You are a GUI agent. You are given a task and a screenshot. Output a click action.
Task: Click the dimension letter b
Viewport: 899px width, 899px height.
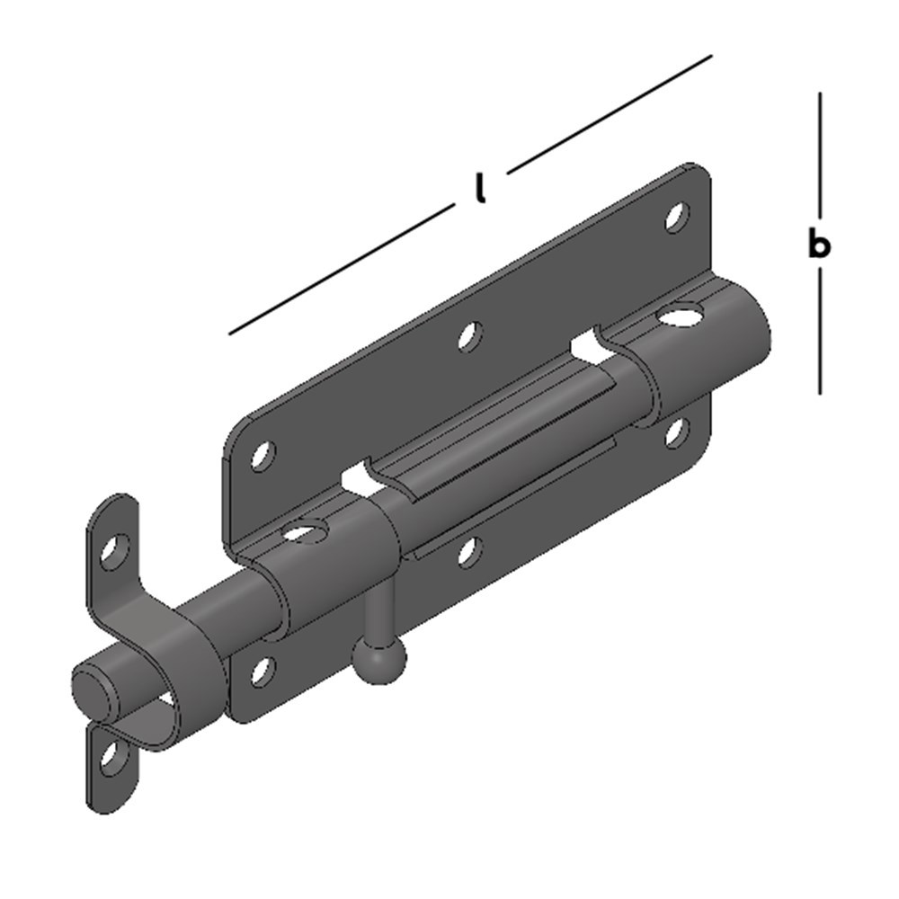tap(818, 244)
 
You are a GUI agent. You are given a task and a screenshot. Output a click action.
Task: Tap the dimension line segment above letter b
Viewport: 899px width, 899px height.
tap(820, 153)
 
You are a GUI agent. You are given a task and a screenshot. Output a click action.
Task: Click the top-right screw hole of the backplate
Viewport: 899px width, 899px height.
tap(676, 216)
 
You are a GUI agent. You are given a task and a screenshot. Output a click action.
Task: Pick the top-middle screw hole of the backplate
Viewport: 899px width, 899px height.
tap(467, 336)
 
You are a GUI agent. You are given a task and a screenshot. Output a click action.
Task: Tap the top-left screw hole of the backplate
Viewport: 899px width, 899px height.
tap(261, 457)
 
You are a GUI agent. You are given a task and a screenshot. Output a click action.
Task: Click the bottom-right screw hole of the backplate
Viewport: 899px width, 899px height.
tap(676, 432)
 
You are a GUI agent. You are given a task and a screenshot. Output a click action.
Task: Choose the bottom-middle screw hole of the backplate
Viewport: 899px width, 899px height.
tap(467, 550)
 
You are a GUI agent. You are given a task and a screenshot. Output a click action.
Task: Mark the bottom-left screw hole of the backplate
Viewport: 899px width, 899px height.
tap(261, 671)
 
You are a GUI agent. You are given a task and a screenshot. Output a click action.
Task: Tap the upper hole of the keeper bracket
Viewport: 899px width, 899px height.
tap(113, 550)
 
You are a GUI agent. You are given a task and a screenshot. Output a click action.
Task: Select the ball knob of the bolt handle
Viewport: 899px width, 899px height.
tap(378, 659)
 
